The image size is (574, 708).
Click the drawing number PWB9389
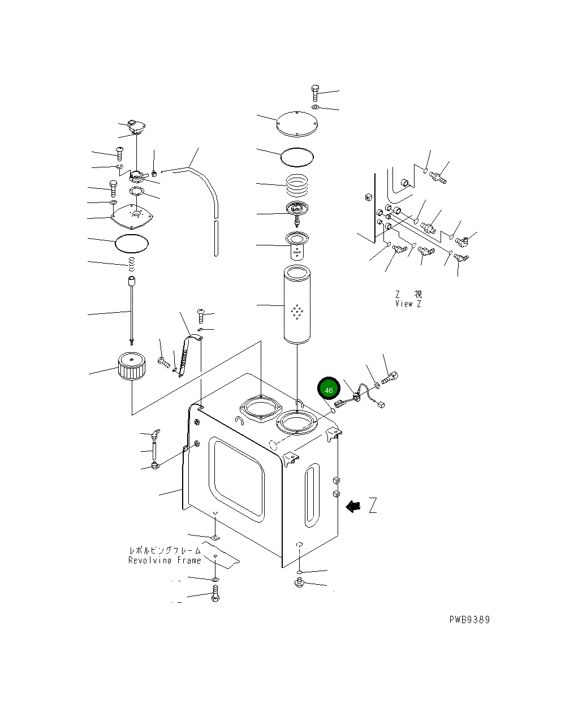point(469,619)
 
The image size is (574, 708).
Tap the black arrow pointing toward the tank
point(353,506)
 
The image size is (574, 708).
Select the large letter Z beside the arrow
point(373,505)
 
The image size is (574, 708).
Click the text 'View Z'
point(408,304)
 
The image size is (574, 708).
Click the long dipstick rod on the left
point(131,311)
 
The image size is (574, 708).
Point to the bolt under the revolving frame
point(215,594)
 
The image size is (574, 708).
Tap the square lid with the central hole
point(132,214)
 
